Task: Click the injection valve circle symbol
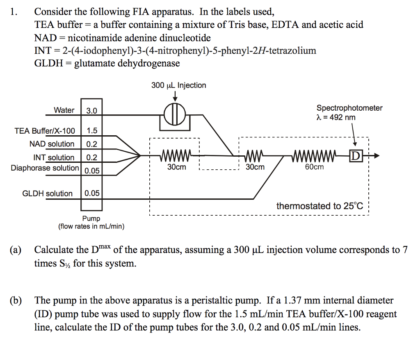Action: pyautogui.click(x=175, y=114)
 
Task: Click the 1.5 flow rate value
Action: pyautogui.click(x=92, y=131)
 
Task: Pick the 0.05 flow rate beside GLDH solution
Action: pyautogui.click(x=92, y=194)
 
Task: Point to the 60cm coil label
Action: pyautogui.click(x=314, y=167)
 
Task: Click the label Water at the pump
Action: pyautogui.click(x=64, y=110)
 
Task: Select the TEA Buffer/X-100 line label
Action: pyautogui.click(x=45, y=131)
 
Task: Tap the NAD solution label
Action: pyautogui.click(x=52, y=144)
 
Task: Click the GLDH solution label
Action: pyautogui.click(x=48, y=194)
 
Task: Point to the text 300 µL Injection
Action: pyautogui.click(x=179, y=85)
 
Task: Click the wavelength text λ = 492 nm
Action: pyautogui.click(x=336, y=118)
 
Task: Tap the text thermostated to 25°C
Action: pyautogui.click(x=320, y=206)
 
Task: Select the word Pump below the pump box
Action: pyautogui.click(x=91, y=218)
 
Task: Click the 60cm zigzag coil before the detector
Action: pyautogui.click(x=314, y=156)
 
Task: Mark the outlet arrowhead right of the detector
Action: pyautogui.click(x=377, y=156)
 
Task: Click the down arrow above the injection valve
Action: pyautogui.click(x=175, y=96)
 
